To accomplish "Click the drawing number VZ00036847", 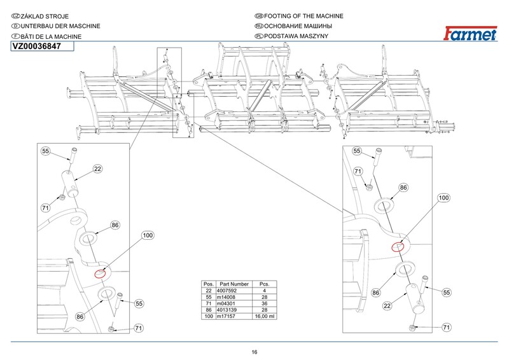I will (37, 47).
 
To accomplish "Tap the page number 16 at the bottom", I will (254, 352).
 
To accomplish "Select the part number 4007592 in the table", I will (230, 291).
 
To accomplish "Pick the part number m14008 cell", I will (230, 297).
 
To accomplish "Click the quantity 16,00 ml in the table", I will (263, 316).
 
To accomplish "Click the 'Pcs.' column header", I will (263, 284).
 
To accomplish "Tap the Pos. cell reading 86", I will (207, 310).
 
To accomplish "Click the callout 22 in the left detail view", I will (98, 169).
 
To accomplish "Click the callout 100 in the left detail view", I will (148, 235).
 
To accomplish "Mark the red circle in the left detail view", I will (100, 274).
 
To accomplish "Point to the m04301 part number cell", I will (230, 303).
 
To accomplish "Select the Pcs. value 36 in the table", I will (263, 303).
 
